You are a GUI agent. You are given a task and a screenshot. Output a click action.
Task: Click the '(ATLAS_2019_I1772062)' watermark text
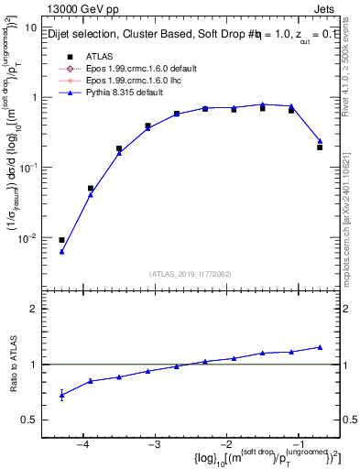[x=191, y=274]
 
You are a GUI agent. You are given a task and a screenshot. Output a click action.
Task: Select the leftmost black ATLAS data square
[x=61, y=240]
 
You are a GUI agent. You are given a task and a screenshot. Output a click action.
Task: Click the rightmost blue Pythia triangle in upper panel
[x=320, y=141]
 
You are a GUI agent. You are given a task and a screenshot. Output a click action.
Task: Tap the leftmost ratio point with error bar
[x=61, y=395]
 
